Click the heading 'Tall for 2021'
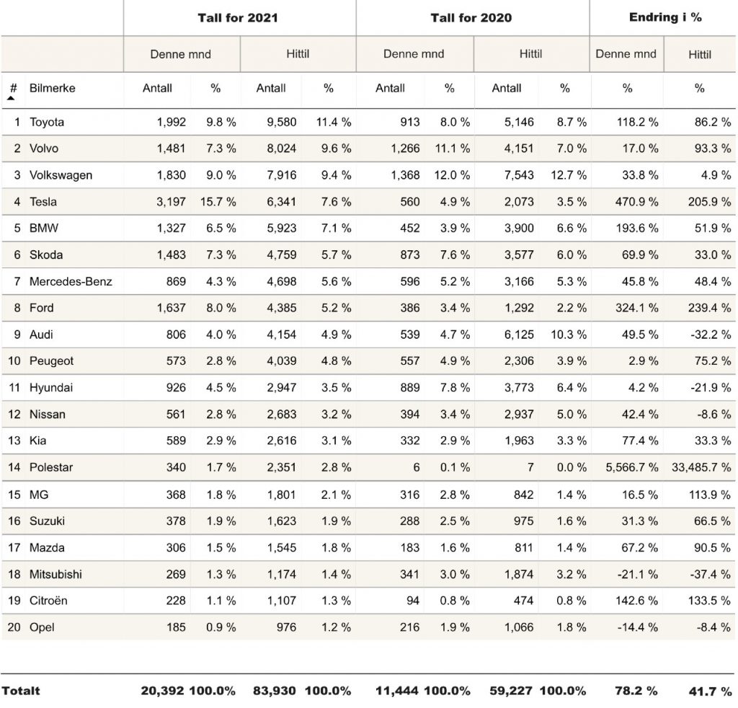click(238, 18)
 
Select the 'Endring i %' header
click(665, 17)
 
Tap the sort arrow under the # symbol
click(11, 98)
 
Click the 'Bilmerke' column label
click(52, 88)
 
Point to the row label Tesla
click(43, 201)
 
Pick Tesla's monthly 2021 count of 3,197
click(172, 201)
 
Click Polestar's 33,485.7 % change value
click(701, 467)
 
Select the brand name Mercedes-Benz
click(71, 281)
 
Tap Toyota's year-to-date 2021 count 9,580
click(282, 122)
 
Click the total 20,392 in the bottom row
click(162, 691)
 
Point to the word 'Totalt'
click(21, 691)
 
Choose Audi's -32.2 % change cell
click(711, 335)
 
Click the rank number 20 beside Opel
click(14, 627)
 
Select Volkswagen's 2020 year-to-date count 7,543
click(519, 175)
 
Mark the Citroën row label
click(48, 601)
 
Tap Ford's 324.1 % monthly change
click(637, 308)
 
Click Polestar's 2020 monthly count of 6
click(416, 467)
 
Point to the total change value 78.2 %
click(636, 691)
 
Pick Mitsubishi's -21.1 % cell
click(638, 575)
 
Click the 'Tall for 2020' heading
click(471, 18)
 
